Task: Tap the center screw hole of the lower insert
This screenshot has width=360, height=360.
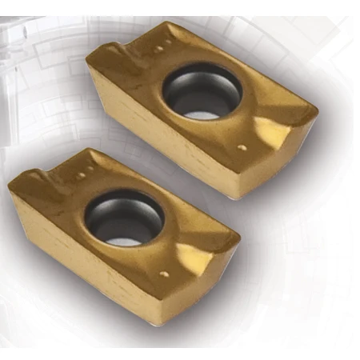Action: point(124,218)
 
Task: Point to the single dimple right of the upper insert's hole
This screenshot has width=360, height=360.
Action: point(242,147)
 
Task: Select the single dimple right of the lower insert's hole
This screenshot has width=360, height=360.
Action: point(164,274)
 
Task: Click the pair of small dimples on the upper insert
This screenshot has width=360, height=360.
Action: point(160,49)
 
